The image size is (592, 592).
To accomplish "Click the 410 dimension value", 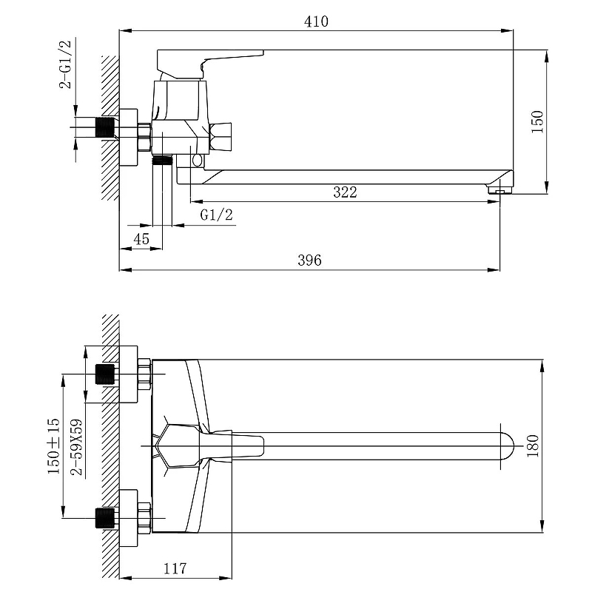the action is tap(316, 21).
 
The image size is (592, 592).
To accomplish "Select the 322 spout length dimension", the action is tap(345, 192).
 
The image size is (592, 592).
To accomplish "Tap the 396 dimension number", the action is tap(309, 260).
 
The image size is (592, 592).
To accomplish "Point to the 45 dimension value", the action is tap(141, 239).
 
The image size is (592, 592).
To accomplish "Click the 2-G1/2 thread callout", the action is tap(65, 64).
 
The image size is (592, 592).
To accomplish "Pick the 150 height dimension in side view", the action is tap(537, 121).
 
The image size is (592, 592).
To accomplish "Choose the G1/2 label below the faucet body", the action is tap(216, 215).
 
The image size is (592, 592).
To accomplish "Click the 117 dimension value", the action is tap(175, 568).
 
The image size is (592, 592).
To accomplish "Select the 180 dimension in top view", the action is tap(532, 446).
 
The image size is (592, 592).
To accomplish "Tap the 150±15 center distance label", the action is tap(53, 446).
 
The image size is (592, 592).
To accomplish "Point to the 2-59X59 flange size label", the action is tap(77, 447).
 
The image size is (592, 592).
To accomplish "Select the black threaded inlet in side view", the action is tap(104, 127).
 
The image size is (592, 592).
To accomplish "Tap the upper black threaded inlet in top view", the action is tap(104, 374).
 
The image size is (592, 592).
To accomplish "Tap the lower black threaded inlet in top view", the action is tap(104, 518).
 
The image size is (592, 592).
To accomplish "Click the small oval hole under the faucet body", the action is tap(197, 161).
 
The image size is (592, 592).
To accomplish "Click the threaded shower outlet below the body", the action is tap(162, 161).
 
